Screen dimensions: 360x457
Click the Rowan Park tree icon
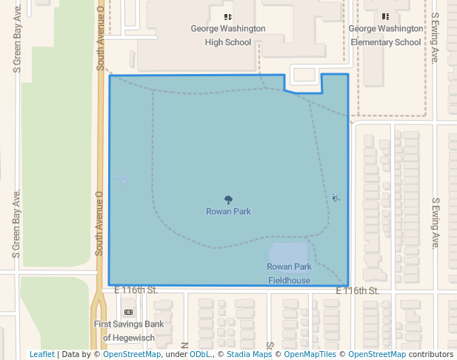click(x=228, y=199)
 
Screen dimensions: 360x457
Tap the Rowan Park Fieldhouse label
click(x=289, y=273)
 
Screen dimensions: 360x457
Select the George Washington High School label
click(x=228, y=36)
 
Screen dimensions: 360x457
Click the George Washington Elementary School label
click(x=384, y=36)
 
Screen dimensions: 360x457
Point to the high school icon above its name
click(x=228, y=16)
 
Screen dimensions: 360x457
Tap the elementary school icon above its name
click(x=385, y=16)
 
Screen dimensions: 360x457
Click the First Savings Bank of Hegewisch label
click(x=128, y=330)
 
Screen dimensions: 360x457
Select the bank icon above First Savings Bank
click(x=128, y=312)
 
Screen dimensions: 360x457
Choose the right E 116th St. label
click(x=358, y=291)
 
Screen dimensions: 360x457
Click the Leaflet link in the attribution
click(x=41, y=354)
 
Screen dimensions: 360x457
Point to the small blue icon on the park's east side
click(x=336, y=198)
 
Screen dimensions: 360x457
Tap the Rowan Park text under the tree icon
click(x=228, y=211)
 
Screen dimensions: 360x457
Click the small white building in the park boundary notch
click(x=304, y=73)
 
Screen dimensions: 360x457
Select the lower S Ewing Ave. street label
click(x=436, y=222)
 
